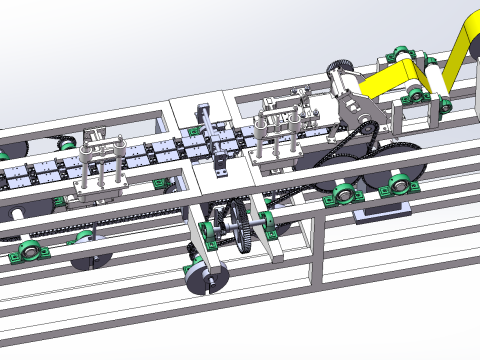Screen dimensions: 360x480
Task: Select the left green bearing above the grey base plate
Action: click(x=342, y=191)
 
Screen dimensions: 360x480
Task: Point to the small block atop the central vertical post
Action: click(x=201, y=108)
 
